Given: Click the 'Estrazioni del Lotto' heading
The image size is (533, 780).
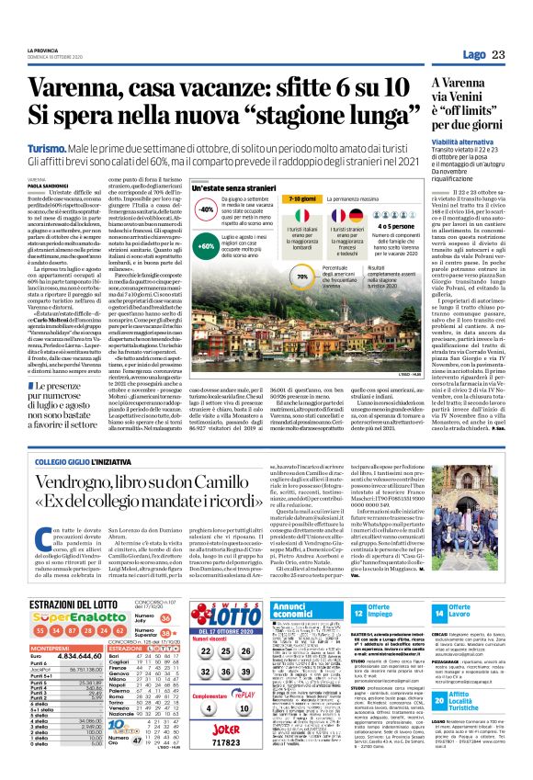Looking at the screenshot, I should pos(73,579).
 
